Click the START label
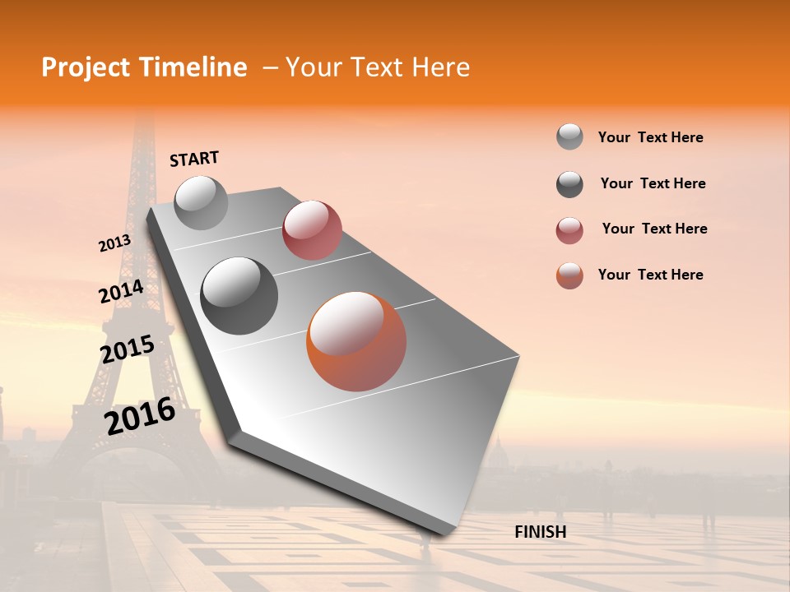194,159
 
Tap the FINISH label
540,532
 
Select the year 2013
114,243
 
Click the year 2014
121,291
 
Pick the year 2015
127,350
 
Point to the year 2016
140,416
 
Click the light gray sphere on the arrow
201,202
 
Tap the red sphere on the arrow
312,230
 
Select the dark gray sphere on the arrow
239,295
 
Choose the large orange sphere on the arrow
356,340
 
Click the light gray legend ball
569,137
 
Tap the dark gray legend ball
569,184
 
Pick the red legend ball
569,230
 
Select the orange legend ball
569,275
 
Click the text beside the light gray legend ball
650,137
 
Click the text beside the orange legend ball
650,275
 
